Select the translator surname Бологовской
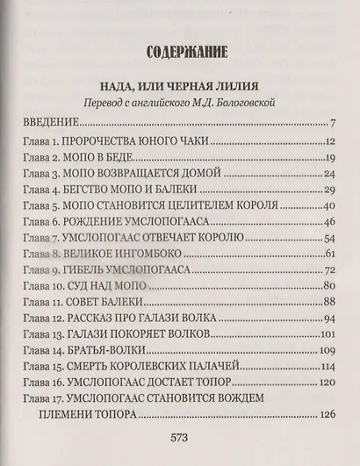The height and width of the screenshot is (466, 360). (x=244, y=103)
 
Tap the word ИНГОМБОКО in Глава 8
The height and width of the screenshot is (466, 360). (x=140, y=255)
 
